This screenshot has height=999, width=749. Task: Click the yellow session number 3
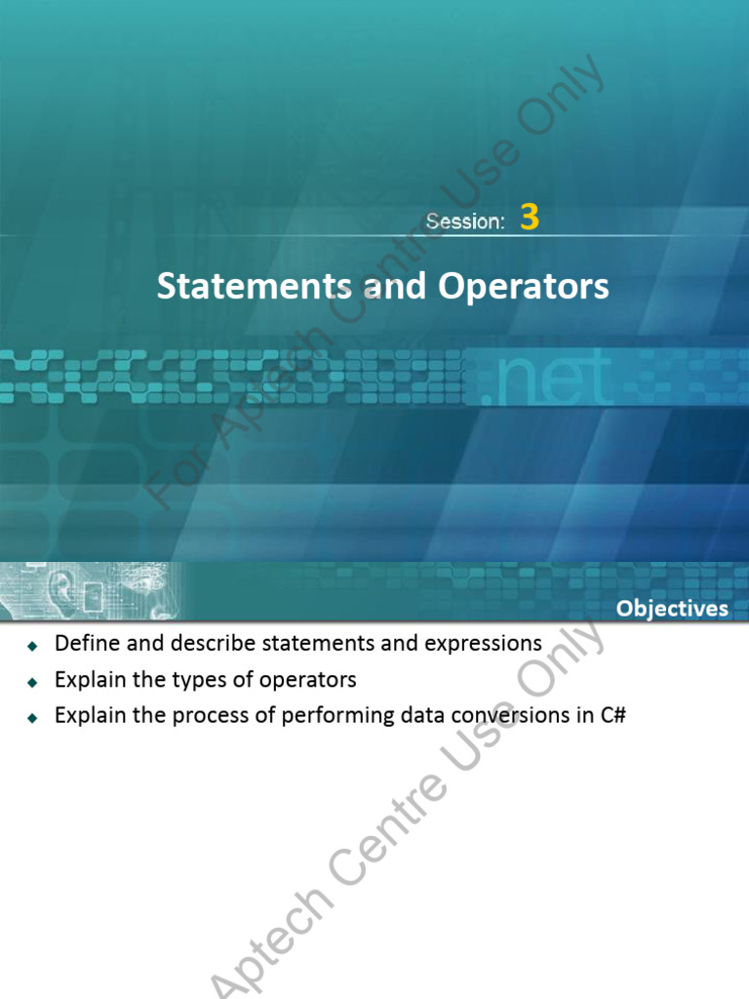(530, 218)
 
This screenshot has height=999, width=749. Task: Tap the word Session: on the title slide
(465, 221)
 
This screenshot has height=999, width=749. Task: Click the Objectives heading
(672, 609)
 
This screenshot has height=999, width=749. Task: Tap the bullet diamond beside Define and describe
(32, 646)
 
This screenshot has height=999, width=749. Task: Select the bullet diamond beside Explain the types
(32, 681)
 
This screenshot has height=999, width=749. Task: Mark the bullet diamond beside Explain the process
(32, 717)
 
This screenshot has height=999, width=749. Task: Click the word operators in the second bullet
(311, 680)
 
